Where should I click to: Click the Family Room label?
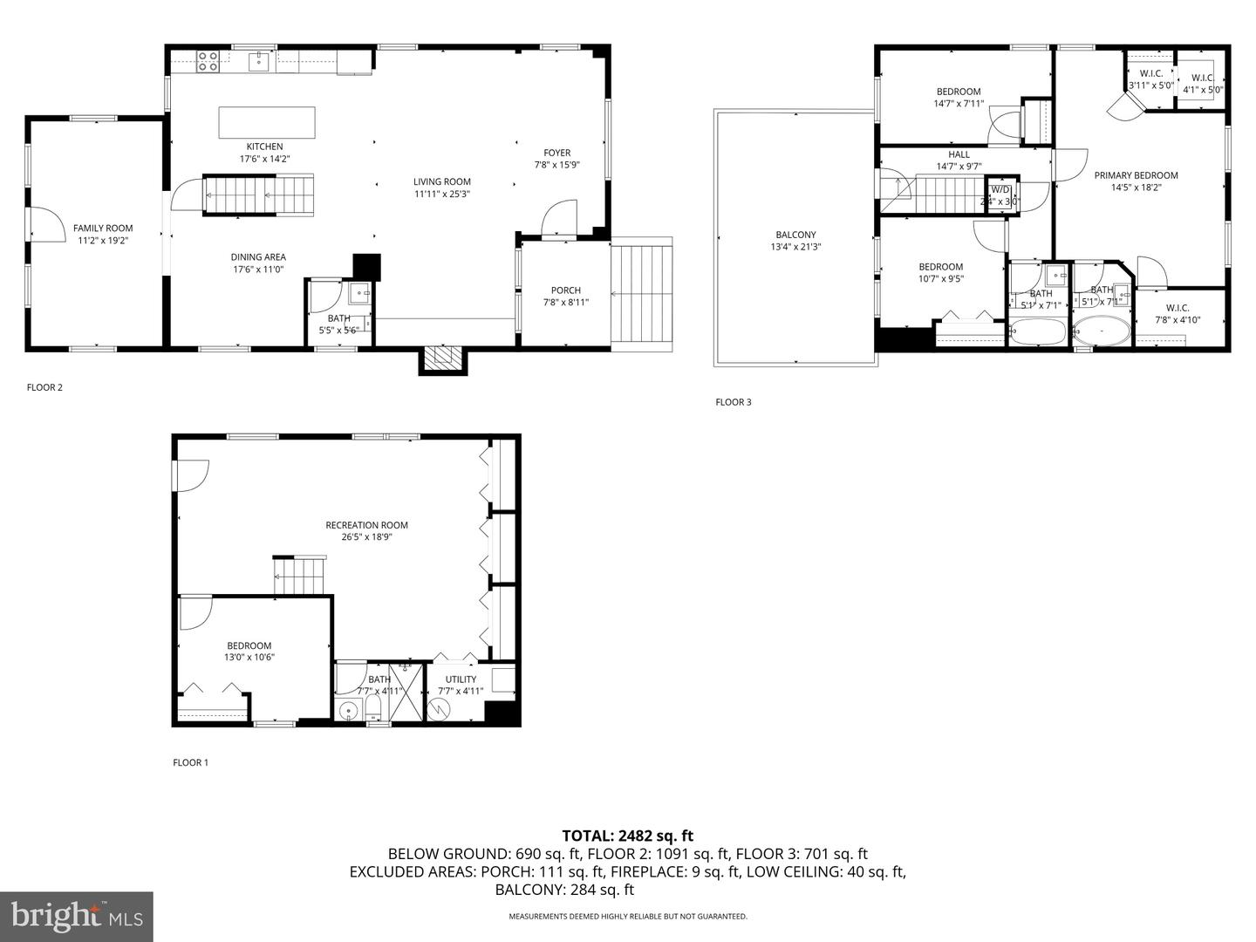coord(103,229)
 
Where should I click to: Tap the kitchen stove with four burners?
coord(208,61)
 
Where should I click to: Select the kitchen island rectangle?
coord(267,122)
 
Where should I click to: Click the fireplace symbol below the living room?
coord(443,359)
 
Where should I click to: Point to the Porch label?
coord(565,290)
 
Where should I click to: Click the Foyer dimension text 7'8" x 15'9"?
coord(557,164)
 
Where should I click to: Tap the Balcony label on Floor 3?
coord(795,235)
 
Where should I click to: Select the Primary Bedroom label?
coord(1136,175)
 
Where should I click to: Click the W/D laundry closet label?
coord(1000,189)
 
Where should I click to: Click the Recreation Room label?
coord(366,525)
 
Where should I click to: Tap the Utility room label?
coord(461,679)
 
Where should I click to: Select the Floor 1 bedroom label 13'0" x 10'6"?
coord(249,646)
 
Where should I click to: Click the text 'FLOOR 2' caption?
coord(44,387)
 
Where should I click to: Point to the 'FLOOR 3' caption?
coord(733,402)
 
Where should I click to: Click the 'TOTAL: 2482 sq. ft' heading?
coord(627,836)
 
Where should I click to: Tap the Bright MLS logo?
coord(77,916)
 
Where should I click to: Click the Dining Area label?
coord(258,257)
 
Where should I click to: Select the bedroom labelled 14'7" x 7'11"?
coord(959,92)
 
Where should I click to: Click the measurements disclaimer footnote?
coord(628,917)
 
